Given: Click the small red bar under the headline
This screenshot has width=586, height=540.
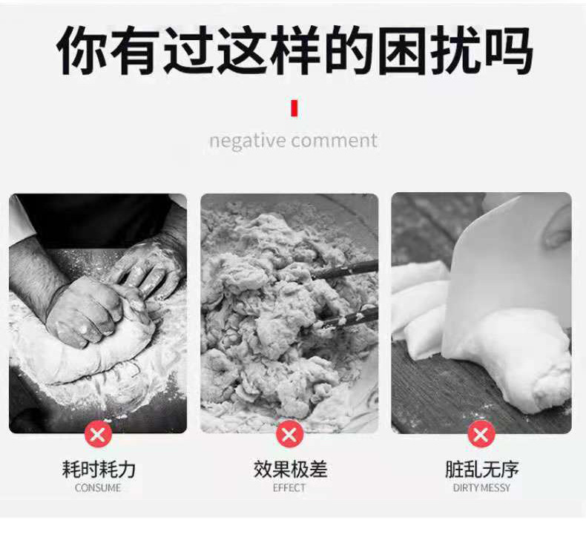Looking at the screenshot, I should pos(294,108).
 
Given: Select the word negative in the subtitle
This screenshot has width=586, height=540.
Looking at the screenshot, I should pos(248,141).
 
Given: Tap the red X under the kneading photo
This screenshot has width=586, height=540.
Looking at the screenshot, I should pos(98,434).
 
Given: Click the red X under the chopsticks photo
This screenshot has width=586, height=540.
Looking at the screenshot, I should pos(289,434).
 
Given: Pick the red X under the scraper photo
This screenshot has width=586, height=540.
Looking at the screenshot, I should pos(481,434).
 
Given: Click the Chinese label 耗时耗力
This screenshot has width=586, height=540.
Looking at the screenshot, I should pos(98,470).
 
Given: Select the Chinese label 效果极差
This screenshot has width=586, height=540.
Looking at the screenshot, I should pos(289,470).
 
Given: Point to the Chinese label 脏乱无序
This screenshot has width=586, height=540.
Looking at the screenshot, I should pos(481,470).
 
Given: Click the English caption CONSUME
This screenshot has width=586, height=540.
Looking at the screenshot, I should pos(98,488).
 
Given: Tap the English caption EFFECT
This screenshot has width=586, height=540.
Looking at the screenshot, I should pos(289,488).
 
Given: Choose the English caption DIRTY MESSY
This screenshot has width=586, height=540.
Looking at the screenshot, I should pos(481,488).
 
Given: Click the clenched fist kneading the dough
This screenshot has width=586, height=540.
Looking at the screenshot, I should pos(85,312).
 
